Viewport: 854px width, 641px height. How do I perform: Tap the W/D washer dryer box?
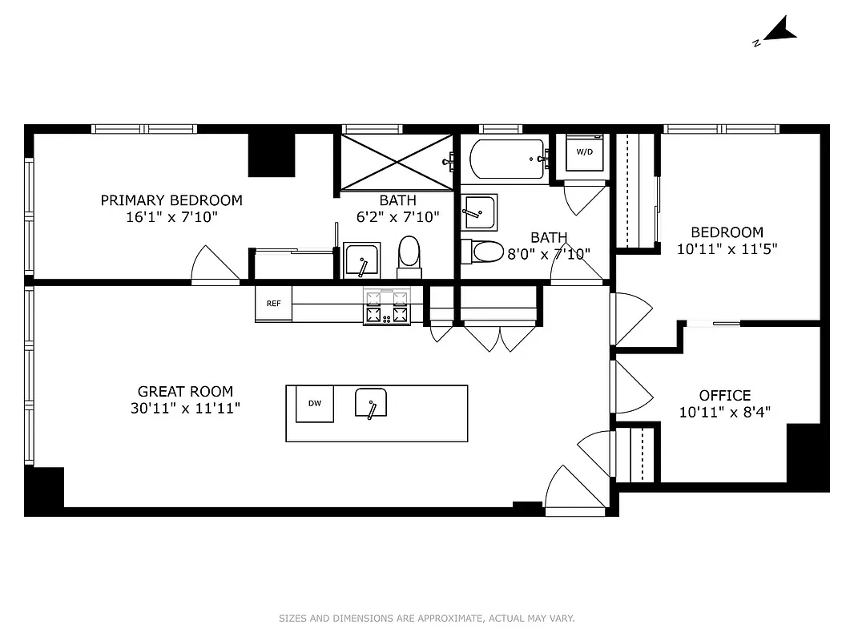(x=584, y=153)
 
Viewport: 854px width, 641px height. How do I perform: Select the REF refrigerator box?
(x=274, y=303)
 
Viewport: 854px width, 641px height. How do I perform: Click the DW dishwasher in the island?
(x=315, y=403)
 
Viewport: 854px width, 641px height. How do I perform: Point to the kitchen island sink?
(x=371, y=403)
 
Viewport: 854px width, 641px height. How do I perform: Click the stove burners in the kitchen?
(x=387, y=306)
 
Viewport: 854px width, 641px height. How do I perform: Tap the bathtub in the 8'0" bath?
(x=507, y=159)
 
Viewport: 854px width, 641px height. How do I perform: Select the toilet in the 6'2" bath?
(x=409, y=253)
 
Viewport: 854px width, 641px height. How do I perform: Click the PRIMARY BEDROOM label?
(x=171, y=200)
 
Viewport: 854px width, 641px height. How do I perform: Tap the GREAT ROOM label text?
(x=186, y=392)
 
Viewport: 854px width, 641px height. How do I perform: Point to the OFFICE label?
(x=725, y=396)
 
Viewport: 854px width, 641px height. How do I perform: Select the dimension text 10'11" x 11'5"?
(x=727, y=249)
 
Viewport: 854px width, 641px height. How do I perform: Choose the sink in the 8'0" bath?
(x=479, y=212)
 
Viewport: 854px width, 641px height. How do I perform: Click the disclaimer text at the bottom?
(x=427, y=619)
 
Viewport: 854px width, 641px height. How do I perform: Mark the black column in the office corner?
(x=807, y=456)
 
